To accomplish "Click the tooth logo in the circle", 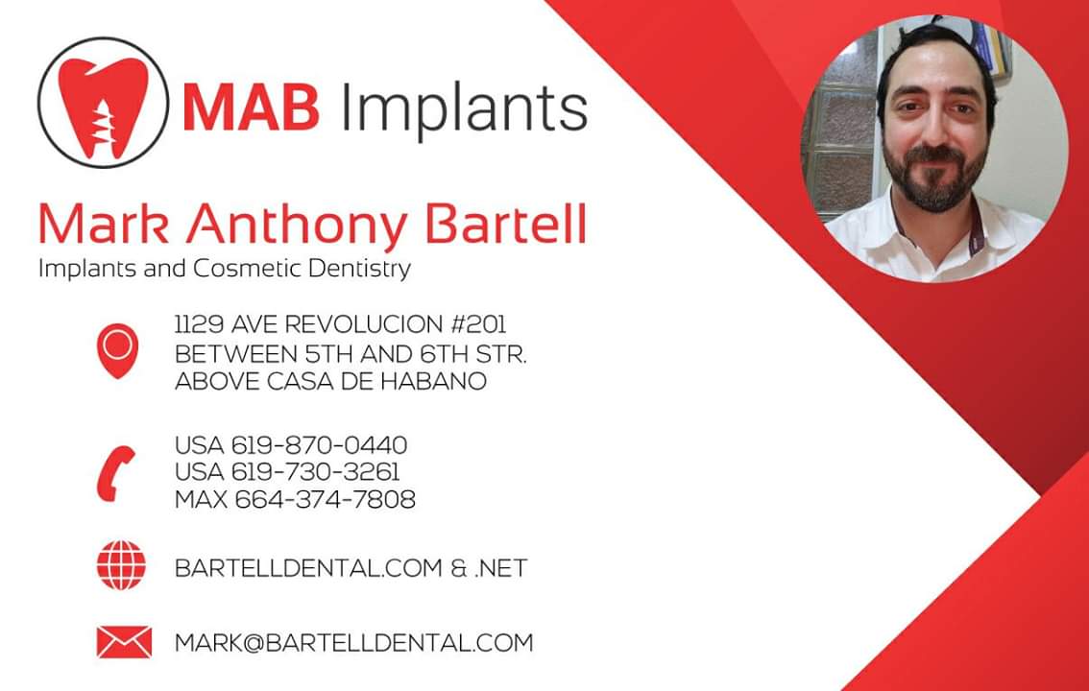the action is [103, 103].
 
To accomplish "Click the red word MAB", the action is [251, 107].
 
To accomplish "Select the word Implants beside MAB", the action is [464, 109].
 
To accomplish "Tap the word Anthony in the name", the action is [297, 226].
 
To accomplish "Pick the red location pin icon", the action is [117, 351].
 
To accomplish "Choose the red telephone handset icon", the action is [115, 473].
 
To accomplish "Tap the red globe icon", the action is [122, 565].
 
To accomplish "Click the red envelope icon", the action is [124, 642].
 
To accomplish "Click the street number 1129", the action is [200, 324].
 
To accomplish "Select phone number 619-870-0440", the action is [320, 444].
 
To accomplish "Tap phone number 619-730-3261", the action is [315, 472].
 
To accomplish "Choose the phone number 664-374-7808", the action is [325, 499].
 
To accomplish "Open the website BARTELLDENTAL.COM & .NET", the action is [351, 568].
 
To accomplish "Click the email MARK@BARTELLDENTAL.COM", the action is [354, 642].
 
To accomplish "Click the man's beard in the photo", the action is [934, 181].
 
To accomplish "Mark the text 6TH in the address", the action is [445, 354].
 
